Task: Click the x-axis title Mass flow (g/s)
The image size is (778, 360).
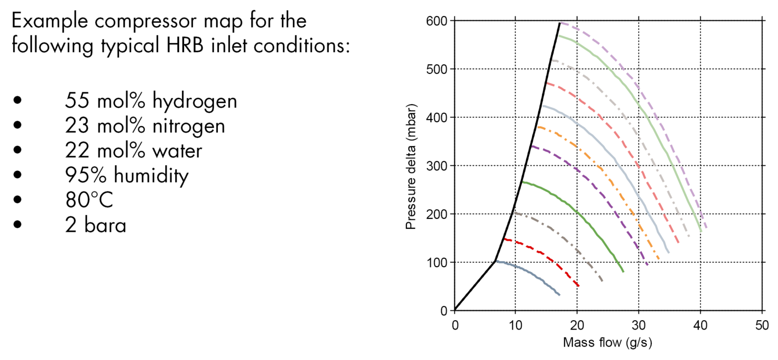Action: tap(607, 343)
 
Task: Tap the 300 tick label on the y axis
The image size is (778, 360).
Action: tap(437, 166)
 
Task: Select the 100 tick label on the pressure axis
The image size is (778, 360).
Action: tap(437, 263)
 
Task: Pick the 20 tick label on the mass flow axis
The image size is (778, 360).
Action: tap(578, 326)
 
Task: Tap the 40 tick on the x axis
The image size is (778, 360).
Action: tap(701, 326)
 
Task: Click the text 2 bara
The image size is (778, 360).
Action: tap(95, 225)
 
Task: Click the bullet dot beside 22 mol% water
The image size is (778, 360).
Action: tap(18, 151)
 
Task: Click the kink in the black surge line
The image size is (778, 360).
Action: tap(495, 261)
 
